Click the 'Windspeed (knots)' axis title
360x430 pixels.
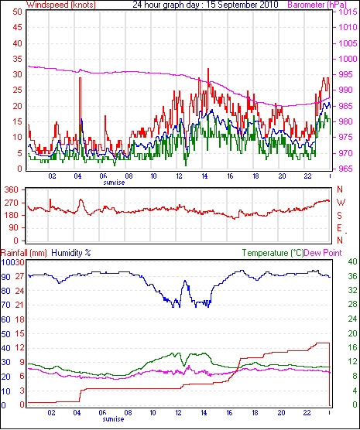(61, 5)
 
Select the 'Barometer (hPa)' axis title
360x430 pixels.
(317, 5)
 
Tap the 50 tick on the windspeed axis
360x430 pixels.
(17, 12)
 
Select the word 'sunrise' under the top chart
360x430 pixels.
(114, 183)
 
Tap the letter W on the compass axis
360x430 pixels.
(341, 203)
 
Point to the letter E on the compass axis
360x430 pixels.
(340, 228)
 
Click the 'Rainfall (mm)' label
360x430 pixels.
(24, 253)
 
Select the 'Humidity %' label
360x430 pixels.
(71, 253)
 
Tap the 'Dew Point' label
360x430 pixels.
(323, 253)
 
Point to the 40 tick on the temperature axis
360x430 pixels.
(352, 261)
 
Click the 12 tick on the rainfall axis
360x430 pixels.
(19, 348)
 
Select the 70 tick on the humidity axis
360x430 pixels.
(5, 305)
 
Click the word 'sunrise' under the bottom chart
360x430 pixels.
(113, 419)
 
